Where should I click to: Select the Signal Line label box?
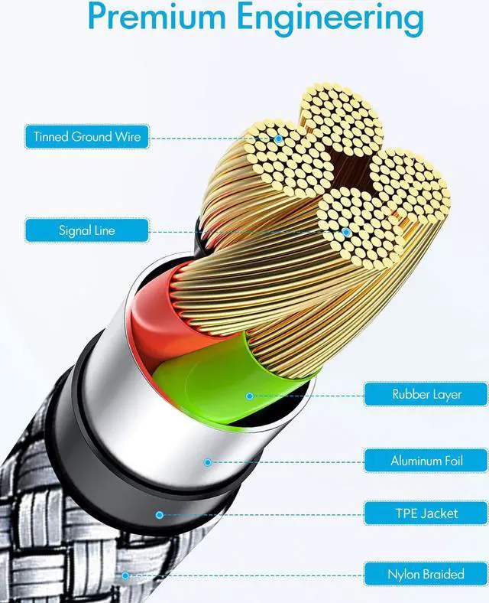tap(86, 230)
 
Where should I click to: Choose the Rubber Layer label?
tap(426, 395)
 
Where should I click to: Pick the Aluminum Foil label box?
tap(426, 461)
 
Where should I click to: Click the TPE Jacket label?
tap(426, 513)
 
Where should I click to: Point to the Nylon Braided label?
tap(426, 573)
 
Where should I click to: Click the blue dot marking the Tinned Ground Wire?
tap(280, 139)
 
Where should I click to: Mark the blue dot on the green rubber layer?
tap(249, 396)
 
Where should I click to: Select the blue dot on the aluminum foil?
tap(207, 461)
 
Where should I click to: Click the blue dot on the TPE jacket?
tap(160, 514)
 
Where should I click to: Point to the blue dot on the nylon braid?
tap(123, 574)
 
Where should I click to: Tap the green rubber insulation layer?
tap(206, 375)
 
